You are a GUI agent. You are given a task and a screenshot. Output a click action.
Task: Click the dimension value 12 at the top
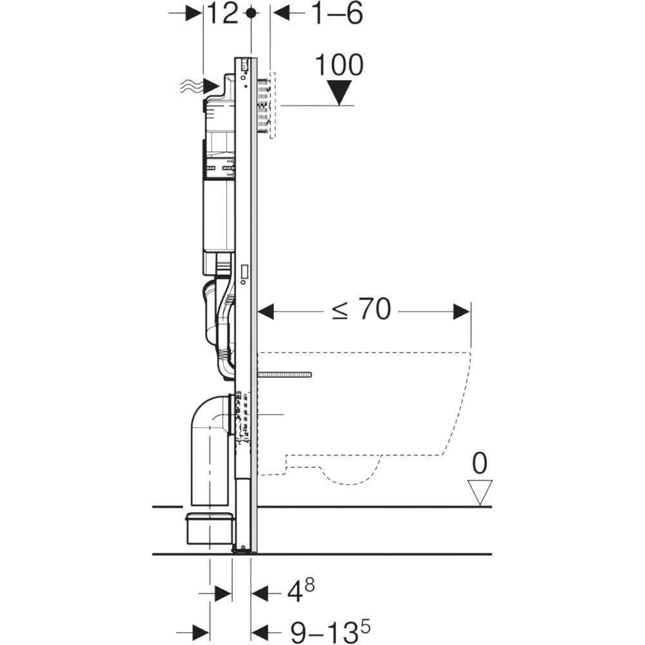click(x=222, y=14)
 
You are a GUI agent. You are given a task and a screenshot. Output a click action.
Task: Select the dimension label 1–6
click(x=338, y=14)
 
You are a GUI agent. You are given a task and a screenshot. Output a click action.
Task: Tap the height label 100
click(x=339, y=65)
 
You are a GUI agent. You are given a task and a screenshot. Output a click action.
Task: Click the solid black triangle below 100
click(x=340, y=92)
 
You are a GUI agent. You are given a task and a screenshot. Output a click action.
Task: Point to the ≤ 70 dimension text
click(x=361, y=310)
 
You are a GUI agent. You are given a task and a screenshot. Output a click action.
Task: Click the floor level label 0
click(x=480, y=463)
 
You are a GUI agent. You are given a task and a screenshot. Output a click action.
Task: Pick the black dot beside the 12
click(x=251, y=14)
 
